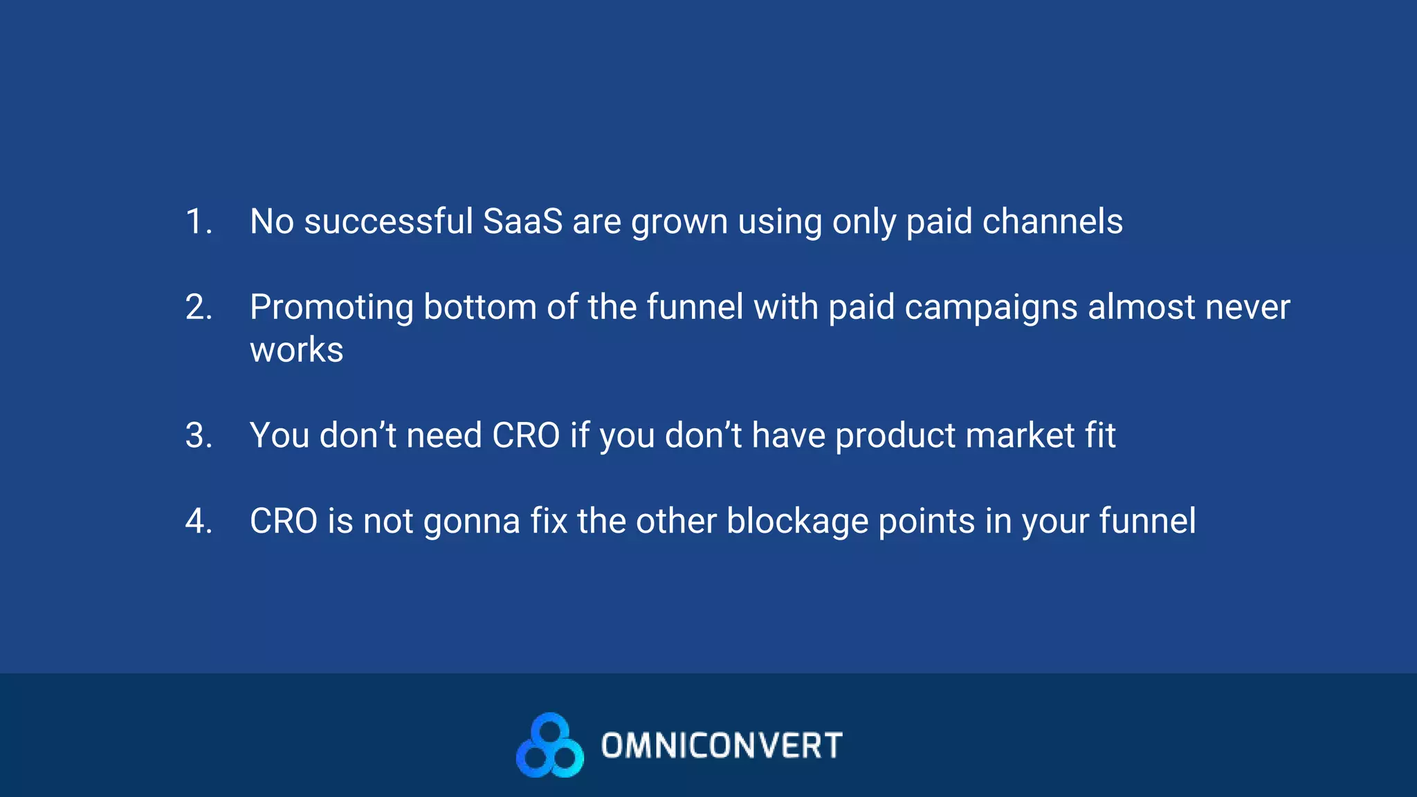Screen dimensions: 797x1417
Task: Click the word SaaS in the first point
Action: coord(522,222)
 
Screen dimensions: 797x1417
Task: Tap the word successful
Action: coord(388,222)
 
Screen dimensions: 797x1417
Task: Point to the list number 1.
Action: coord(199,222)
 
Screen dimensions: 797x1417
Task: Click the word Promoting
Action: coord(331,308)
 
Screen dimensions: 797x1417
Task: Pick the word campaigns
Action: coord(991,308)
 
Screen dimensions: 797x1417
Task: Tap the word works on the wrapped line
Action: coord(296,350)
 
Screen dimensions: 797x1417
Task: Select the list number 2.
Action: coord(199,308)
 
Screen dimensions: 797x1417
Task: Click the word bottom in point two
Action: coord(479,308)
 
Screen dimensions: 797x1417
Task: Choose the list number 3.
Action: coord(199,436)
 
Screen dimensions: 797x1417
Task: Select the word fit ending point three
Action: coord(1100,436)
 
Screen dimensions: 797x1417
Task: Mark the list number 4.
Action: coord(199,522)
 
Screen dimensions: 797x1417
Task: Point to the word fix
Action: coord(549,522)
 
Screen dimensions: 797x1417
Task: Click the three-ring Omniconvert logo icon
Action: coord(550,746)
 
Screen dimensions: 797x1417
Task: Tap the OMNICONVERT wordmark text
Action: coord(722,746)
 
